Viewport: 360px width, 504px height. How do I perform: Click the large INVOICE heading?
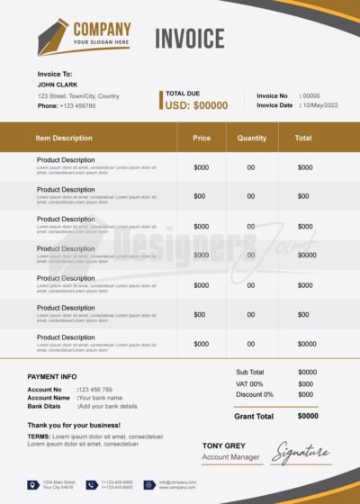tap(189, 38)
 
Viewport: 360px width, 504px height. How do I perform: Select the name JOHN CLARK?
tap(56, 85)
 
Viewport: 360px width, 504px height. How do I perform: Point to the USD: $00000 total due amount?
tap(196, 105)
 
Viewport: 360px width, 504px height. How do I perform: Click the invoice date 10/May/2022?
tap(321, 105)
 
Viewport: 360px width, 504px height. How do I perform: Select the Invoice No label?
tap(272, 95)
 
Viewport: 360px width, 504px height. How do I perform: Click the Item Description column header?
tap(64, 138)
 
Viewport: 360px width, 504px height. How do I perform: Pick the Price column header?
tap(202, 138)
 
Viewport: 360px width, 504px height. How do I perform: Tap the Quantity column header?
tap(251, 138)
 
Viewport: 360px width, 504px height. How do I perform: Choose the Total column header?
tap(303, 138)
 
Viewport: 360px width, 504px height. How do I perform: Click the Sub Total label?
tap(249, 372)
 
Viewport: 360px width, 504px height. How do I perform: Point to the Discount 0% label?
tap(255, 394)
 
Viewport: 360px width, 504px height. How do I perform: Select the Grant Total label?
tap(253, 416)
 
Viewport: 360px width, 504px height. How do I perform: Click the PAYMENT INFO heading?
tap(52, 376)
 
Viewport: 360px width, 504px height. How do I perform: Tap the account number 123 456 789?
tap(96, 390)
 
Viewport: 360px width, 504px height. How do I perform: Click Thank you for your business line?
tap(73, 424)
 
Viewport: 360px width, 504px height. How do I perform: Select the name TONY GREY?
tap(224, 445)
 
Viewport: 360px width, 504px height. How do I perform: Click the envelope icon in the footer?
tap(149, 485)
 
